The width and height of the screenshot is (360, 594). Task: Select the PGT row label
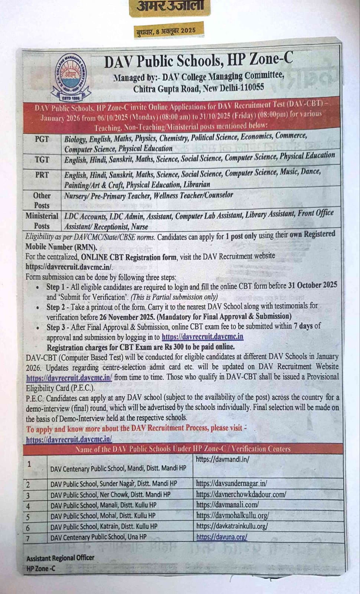(x=42, y=140)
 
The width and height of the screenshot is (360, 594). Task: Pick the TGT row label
(x=42, y=160)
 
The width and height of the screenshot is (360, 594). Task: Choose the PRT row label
(x=42, y=175)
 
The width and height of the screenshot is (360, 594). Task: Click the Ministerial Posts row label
(x=42, y=221)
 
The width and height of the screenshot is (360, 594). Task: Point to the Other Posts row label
(x=42, y=200)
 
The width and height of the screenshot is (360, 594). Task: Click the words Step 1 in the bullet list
(x=57, y=287)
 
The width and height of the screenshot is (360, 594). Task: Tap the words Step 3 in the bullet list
(x=57, y=327)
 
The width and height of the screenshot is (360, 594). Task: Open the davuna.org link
(x=222, y=537)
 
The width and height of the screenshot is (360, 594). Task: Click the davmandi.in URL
(x=222, y=459)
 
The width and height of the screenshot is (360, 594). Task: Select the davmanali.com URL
(x=227, y=505)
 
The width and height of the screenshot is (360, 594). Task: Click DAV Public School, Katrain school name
(x=104, y=526)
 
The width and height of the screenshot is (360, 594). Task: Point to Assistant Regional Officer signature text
(x=60, y=558)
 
